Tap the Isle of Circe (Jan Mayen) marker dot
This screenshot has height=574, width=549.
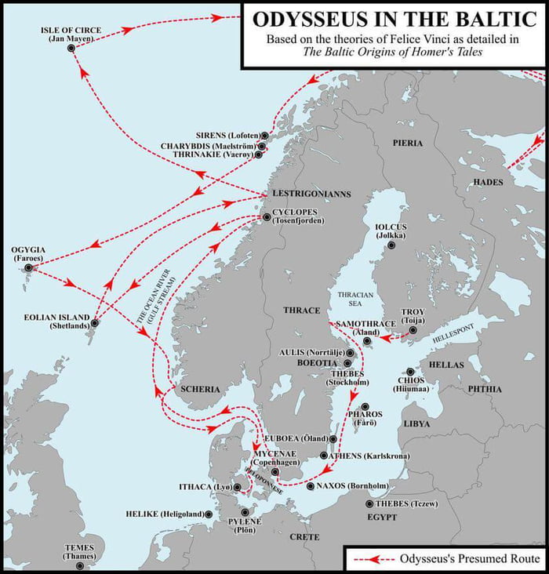71,48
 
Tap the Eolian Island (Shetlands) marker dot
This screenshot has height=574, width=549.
94,322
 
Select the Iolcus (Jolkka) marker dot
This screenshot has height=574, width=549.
392,245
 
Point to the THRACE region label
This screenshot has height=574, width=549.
300,311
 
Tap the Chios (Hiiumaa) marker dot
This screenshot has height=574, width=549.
409,372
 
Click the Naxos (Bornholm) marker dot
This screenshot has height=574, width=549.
311,486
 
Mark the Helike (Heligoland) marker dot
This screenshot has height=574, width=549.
209,514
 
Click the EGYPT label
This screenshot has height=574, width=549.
382,518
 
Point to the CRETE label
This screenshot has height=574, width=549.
304,537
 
